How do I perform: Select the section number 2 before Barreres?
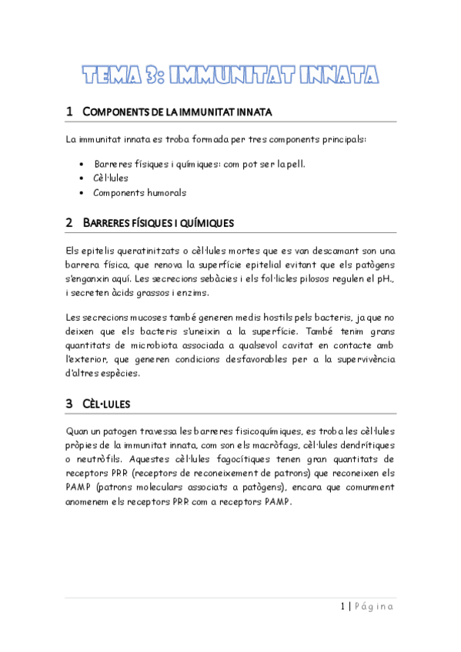(69, 222)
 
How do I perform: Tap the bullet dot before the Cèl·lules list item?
(82, 178)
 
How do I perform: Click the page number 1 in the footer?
(342, 607)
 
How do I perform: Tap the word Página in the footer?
(375, 607)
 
